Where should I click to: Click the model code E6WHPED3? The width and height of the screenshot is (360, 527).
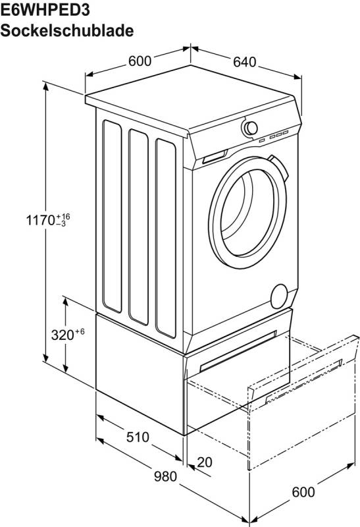click(x=45, y=10)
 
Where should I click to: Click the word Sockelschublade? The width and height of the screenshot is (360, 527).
click(x=67, y=30)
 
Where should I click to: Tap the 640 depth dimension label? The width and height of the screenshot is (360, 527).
click(x=245, y=62)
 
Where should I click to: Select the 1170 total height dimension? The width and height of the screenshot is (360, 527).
click(x=41, y=220)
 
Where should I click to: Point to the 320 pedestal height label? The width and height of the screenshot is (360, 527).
click(x=63, y=335)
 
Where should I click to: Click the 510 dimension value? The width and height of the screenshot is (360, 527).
click(x=138, y=437)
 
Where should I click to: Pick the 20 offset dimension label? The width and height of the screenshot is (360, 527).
click(x=205, y=462)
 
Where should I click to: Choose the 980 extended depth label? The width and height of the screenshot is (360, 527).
click(x=165, y=476)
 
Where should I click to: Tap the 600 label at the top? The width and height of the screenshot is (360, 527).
click(x=140, y=61)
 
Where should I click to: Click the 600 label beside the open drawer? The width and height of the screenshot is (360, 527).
click(x=303, y=492)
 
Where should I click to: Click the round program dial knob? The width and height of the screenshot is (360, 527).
click(x=250, y=128)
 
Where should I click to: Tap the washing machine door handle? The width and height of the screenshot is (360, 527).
click(x=280, y=168)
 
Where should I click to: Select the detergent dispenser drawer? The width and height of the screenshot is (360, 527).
click(x=215, y=156)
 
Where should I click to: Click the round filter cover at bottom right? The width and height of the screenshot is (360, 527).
click(x=279, y=296)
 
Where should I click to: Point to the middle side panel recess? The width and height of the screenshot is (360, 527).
click(x=138, y=227)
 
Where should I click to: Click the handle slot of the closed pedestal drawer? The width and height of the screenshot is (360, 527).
click(x=238, y=351)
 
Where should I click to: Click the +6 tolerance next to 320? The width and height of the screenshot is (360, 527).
click(x=80, y=332)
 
